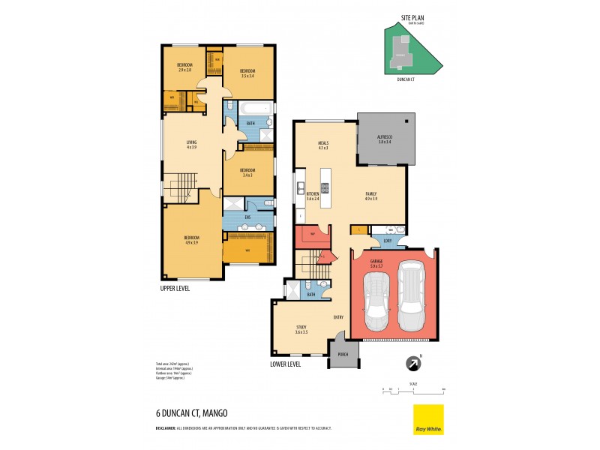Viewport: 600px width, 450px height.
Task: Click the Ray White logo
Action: (428, 420)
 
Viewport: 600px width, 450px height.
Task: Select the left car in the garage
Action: (376, 301)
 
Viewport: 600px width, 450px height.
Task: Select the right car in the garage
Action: (411, 296)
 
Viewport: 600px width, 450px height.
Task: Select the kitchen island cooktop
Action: (326, 185)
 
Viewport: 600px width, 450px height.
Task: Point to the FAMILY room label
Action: (371, 196)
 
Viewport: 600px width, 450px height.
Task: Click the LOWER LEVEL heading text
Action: (285, 364)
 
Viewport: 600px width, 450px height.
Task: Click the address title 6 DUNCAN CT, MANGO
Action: (187, 413)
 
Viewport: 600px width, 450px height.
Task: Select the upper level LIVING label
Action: (191, 144)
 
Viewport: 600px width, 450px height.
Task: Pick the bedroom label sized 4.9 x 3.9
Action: (190, 240)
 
